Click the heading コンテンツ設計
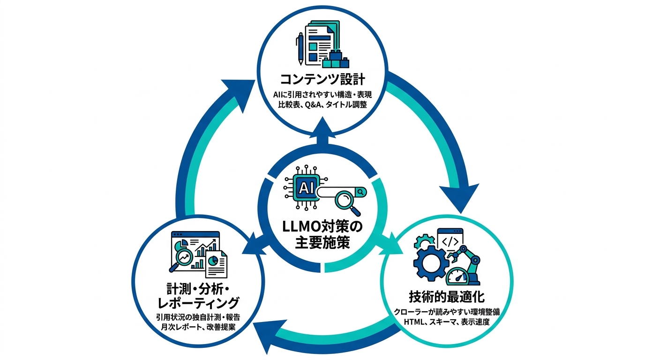322,78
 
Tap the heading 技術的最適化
446,297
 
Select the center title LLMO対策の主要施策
322,234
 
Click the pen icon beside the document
299,47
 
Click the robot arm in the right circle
469,262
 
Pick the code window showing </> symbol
450,240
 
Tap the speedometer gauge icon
457,277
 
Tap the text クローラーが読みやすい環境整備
446,312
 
